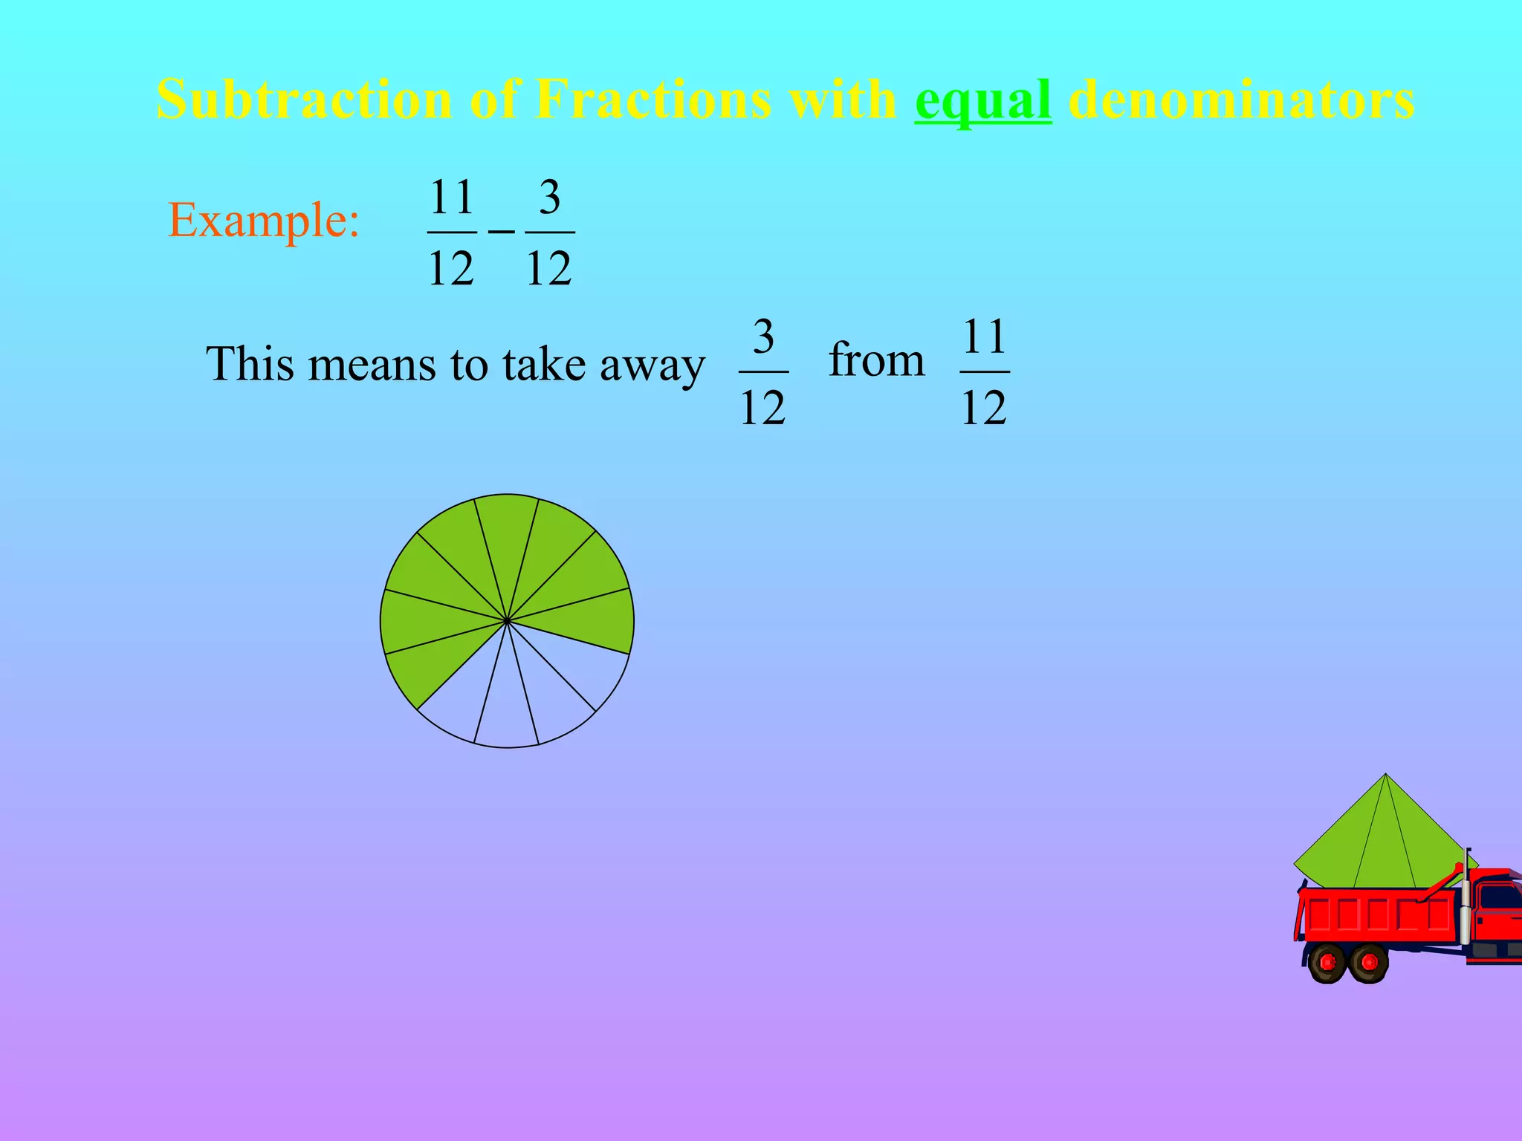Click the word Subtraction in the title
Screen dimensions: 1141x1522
[303, 100]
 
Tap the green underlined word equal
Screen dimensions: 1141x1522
[982, 100]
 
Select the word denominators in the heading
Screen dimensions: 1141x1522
[1240, 100]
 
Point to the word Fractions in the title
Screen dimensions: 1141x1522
[652, 100]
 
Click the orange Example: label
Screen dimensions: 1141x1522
[264, 221]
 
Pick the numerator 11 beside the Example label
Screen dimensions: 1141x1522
[452, 198]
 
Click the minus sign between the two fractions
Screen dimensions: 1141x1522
[501, 232]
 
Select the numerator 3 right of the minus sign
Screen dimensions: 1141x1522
[549, 198]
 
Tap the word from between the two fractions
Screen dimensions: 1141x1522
[876, 360]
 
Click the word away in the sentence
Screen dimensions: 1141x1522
[652, 365]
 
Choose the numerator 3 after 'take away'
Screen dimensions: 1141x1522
[763, 337]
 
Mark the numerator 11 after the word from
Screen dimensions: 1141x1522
[984, 337]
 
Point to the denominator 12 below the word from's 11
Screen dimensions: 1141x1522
[984, 408]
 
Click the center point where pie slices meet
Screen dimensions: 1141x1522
[507, 621]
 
